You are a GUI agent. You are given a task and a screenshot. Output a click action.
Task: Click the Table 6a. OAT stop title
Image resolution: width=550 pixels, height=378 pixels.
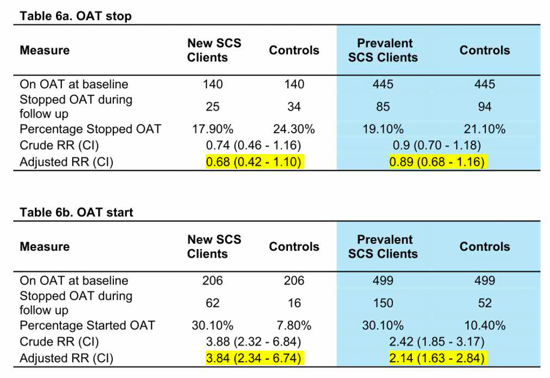click(x=76, y=16)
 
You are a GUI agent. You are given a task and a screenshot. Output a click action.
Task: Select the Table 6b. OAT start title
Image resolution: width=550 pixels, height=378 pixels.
click(x=76, y=213)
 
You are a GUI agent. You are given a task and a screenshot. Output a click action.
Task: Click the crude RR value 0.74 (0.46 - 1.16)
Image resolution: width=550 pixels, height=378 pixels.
click(x=254, y=145)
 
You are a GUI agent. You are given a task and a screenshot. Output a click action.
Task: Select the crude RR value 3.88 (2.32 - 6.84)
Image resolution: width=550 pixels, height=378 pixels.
click(x=254, y=342)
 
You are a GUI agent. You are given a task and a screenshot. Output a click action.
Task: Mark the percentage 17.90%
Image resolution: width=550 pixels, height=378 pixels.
click(x=213, y=129)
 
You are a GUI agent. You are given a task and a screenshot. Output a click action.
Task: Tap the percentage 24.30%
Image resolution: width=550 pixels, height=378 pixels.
click(x=294, y=129)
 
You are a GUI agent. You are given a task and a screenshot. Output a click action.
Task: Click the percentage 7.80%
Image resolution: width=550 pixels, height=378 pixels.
click(x=294, y=326)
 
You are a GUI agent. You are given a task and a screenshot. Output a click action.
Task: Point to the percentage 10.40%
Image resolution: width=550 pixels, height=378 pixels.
click(x=485, y=326)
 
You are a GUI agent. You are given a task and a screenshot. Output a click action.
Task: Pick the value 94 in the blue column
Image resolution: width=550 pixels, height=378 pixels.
click(x=485, y=107)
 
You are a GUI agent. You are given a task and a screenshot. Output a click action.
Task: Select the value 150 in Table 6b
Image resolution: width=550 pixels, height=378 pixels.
click(x=383, y=303)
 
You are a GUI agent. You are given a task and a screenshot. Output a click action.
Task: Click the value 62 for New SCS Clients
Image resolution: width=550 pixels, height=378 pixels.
click(x=213, y=303)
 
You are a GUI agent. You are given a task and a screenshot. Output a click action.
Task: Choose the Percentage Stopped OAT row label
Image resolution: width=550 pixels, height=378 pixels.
click(x=90, y=129)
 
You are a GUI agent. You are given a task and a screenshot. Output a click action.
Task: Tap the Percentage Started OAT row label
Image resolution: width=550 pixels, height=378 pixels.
click(x=87, y=326)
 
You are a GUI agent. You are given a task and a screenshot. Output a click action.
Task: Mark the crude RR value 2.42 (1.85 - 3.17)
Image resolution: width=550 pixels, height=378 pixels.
click(x=437, y=342)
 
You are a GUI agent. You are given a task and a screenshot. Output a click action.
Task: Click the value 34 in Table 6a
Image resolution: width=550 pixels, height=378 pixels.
click(x=294, y=107)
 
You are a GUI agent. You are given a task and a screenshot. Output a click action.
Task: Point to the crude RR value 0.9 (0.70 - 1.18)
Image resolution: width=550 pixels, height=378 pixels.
click(x=437, y=145)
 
